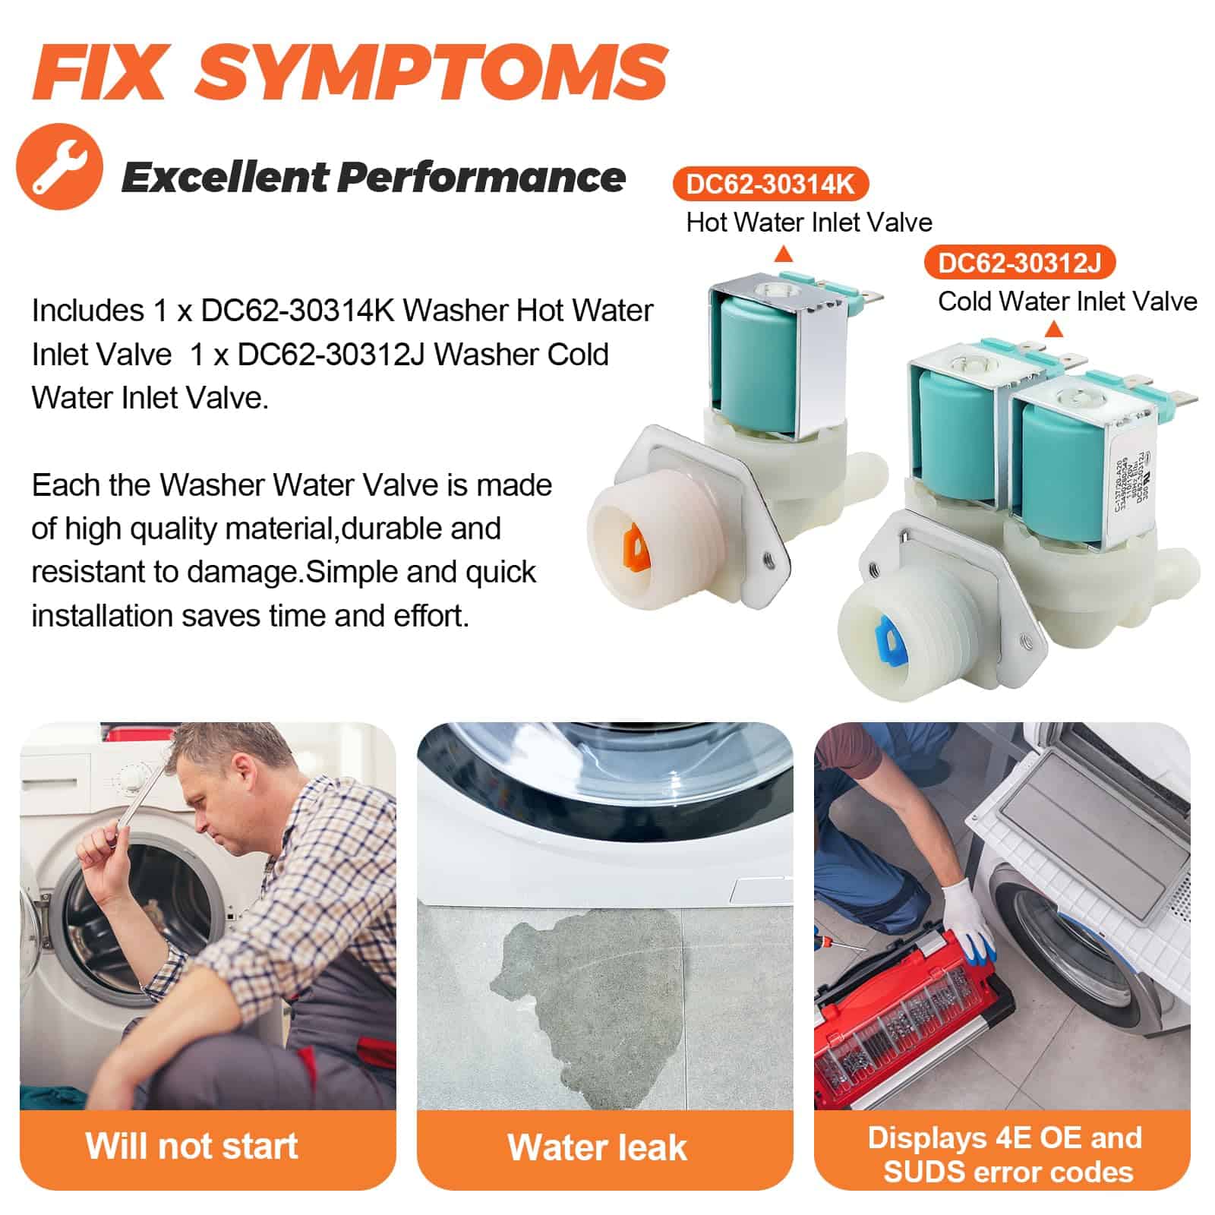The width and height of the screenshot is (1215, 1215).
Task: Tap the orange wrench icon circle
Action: [x=59, y=168]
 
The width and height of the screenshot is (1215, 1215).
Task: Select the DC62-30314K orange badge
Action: [x=770, y=184]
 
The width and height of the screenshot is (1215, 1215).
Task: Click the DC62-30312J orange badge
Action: [x=1019, y=263]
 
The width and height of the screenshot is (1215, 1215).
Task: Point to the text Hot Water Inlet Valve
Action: [x=809, y=222]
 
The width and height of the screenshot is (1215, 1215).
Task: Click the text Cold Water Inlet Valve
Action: [x=1067, y=301]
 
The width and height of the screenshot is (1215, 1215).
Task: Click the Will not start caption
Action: [x=191, y=1146]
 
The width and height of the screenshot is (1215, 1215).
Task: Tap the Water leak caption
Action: [x=597, y=1147]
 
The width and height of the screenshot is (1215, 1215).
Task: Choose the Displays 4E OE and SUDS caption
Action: [x=1005, y=1154]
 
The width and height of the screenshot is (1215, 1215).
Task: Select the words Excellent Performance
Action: [x=373, y=177]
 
